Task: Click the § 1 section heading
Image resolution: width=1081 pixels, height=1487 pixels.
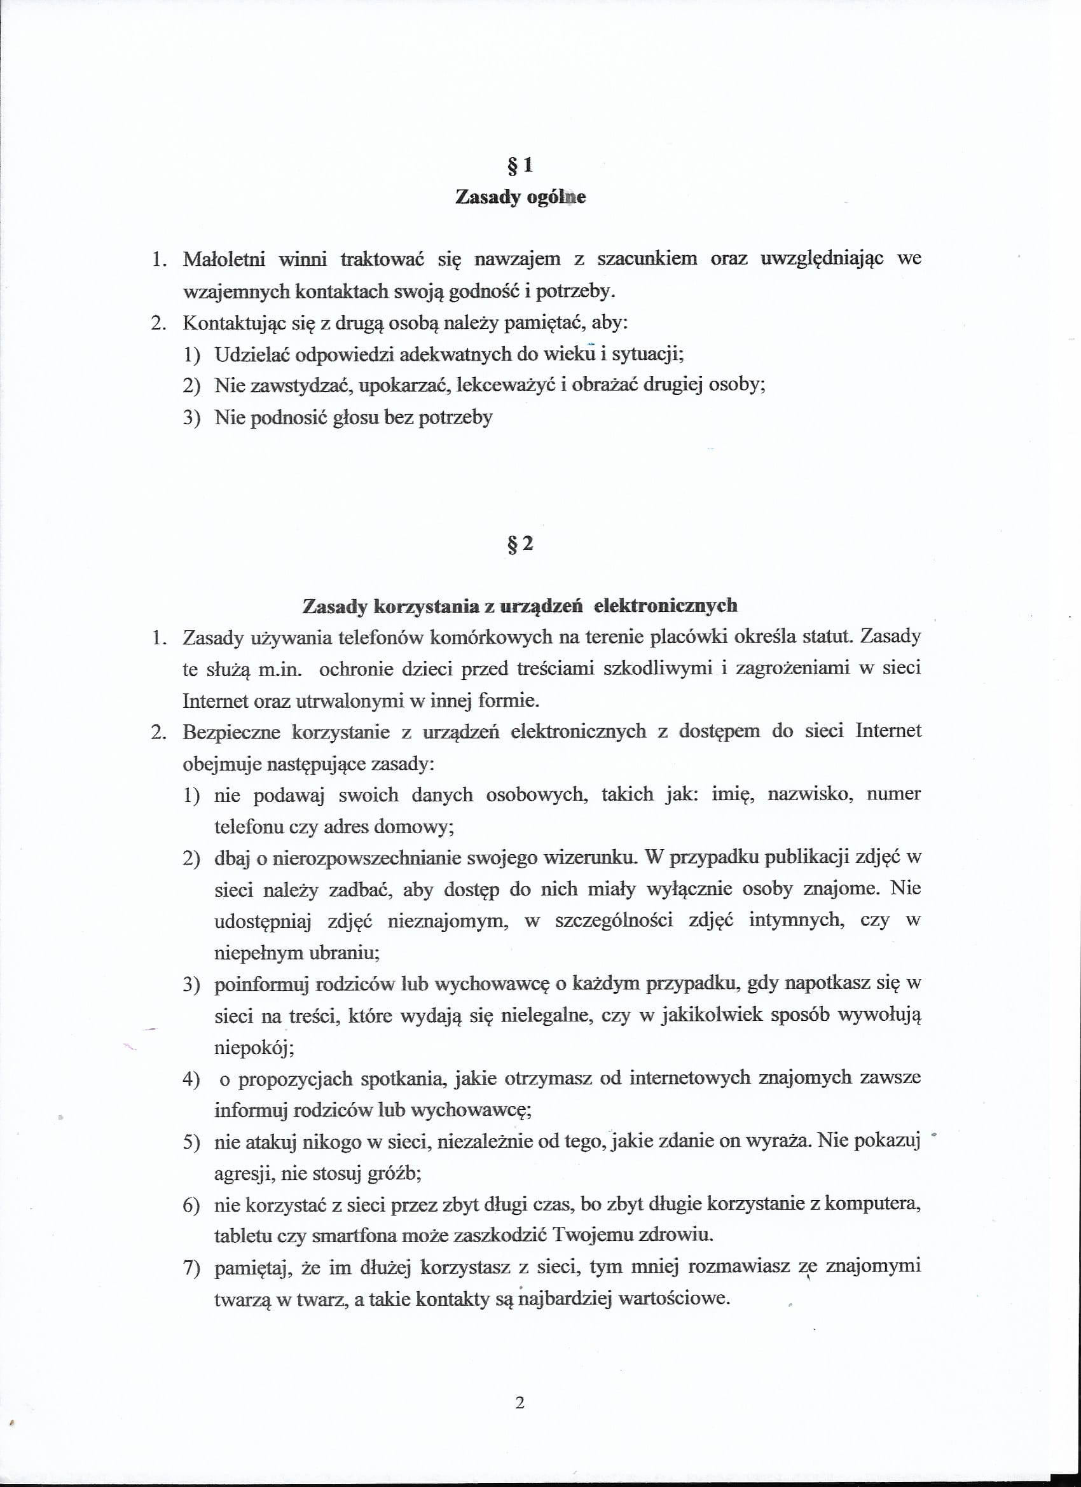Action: (x=521, y=165)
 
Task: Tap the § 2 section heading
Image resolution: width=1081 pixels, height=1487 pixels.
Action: (x=521, y=544)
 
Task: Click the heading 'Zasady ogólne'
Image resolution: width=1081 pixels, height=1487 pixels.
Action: (x=521, y=197)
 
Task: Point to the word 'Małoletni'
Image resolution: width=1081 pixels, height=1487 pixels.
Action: (x=224, y=259)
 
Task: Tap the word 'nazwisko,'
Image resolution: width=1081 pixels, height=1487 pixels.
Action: (x=810, y=794)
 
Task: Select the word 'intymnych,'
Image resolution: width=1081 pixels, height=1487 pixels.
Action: (x=787, y=920)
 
